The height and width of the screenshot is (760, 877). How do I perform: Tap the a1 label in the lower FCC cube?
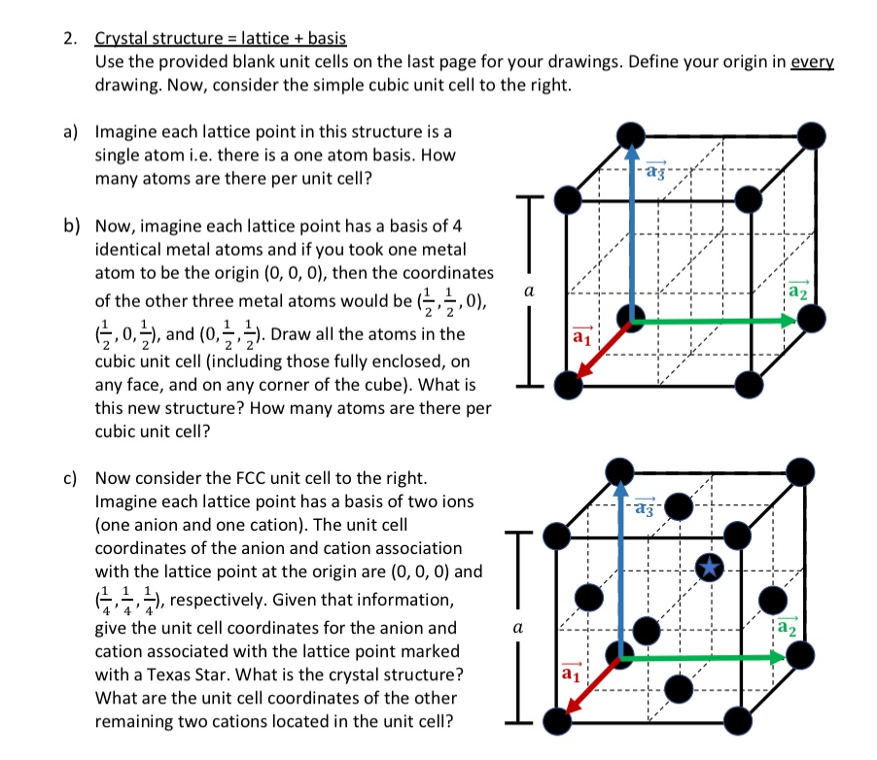point(572,671)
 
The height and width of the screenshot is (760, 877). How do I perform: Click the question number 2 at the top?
point(69,39)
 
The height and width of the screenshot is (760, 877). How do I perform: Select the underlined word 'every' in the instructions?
point(814,61)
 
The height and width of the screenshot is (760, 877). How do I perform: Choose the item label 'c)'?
point(71,479)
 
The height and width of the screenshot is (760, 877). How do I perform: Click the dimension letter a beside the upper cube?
point(528,291)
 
